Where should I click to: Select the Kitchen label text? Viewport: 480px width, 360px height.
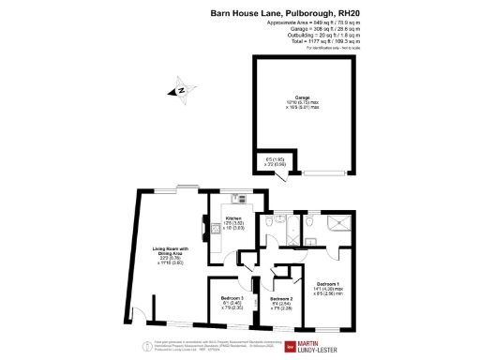[x=233, y=218]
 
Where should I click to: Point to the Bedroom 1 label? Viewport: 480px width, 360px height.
[x=327, y=283]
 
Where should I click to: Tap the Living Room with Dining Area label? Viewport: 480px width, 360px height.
[x=171, y=248]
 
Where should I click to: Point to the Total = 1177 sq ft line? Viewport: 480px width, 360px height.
[x=309, y=42]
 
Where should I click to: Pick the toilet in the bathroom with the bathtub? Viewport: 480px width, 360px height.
[x=270, y=224]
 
